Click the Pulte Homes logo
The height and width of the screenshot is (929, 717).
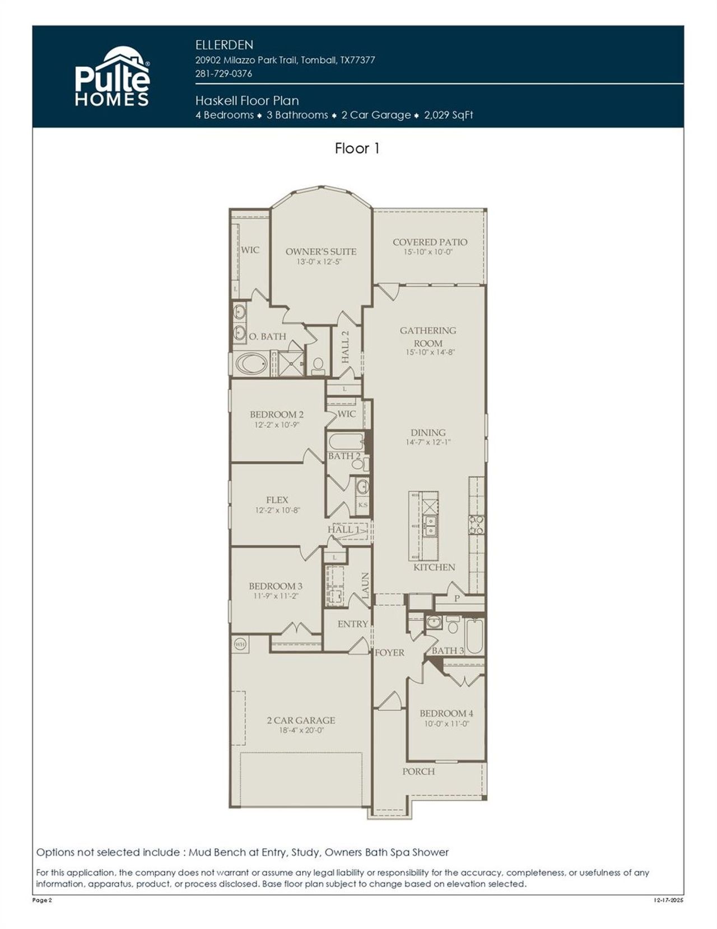click(113, 77)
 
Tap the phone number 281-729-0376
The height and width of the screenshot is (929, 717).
click(224, 73)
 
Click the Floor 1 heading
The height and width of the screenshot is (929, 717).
click(357, 148)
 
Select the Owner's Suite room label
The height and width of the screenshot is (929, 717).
click(320, 252)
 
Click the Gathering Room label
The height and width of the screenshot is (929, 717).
click(428, 336)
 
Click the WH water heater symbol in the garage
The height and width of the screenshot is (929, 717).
click(240, 644)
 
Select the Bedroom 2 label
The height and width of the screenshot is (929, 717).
click(277, 415)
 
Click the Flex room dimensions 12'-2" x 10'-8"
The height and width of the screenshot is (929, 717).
click(277, 510)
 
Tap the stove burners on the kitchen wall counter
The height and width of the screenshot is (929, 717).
click(476, 525)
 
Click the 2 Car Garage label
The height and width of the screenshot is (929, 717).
click(301, 720)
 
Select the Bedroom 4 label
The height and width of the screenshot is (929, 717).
click(446, 713)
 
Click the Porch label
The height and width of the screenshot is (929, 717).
click(418, 772)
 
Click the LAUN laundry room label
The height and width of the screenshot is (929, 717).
click(365, 586)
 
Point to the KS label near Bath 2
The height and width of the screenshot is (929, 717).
click(363, 505)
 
